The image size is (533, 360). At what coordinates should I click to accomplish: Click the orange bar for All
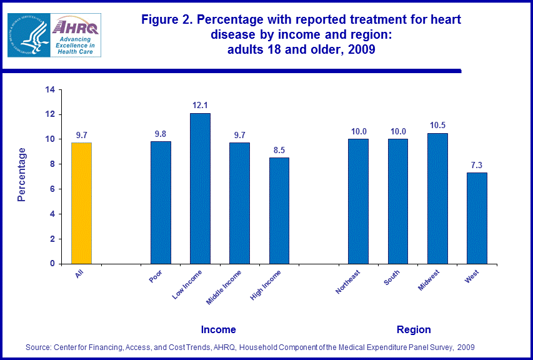point(82,203)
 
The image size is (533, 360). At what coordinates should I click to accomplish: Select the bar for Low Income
point(200,188)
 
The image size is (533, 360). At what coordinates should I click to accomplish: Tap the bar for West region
point(477,218)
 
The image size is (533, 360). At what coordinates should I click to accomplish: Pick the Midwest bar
point(437,198)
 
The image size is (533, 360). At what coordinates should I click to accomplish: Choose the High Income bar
point(279,211)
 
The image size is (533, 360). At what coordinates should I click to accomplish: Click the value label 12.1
point(200,105)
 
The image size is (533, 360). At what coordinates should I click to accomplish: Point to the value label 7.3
point(477,164)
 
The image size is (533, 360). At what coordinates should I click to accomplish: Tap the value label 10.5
point(437,125)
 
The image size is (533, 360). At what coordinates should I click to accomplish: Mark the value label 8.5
point(279,149)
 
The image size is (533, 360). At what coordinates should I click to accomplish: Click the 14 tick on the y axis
point(49,90)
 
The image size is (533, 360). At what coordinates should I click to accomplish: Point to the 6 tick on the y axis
point(52,189)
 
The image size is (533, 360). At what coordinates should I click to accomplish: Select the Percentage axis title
point(22,174)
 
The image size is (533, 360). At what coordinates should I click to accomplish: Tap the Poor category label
point(156,276)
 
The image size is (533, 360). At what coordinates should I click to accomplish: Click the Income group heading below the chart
point(218,329)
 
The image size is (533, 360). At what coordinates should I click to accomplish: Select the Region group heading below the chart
point(414,329)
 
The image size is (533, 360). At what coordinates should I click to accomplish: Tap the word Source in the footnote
point(37,347)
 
